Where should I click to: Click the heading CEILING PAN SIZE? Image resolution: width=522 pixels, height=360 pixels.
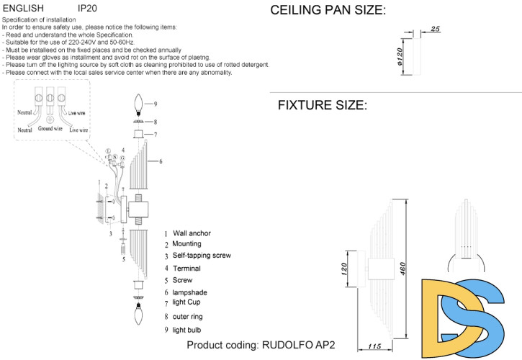point(328,10)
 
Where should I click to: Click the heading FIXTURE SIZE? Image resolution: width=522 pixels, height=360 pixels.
point(322,105)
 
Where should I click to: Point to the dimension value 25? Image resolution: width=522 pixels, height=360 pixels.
point(435,29)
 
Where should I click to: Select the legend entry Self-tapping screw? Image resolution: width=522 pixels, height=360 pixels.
point(202,256)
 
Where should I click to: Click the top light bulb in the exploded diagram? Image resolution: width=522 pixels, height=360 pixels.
point(140,106)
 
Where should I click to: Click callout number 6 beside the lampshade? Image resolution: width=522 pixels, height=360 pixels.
point(161,161)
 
